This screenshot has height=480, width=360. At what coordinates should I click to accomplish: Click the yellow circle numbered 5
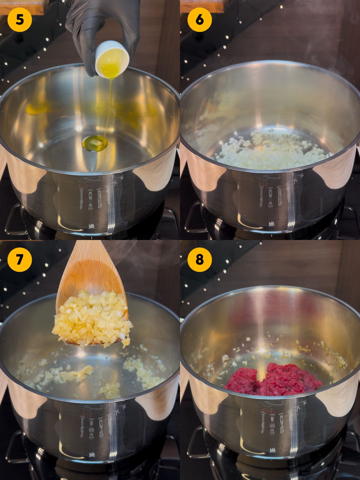pyautogui.click(x=20, y=20)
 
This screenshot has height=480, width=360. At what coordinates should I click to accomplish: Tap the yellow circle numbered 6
pyautogui.click(x=199, y=20)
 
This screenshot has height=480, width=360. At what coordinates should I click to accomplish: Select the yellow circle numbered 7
pyautogui.click(x=20, y=259)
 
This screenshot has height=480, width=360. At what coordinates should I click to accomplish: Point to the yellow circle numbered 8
pyautogui.click(x=199, y=259)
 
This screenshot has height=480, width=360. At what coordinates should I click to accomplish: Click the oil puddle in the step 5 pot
pyautogui.click(x=94, y=143)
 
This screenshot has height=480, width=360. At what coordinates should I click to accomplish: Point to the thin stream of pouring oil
pyautogui.click(x=109, y=107)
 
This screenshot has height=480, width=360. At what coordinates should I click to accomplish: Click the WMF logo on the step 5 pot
pyautogui.click(x=92, y=226)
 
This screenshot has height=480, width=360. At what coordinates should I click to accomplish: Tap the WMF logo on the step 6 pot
pyautogui.click(x=271, y=224)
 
